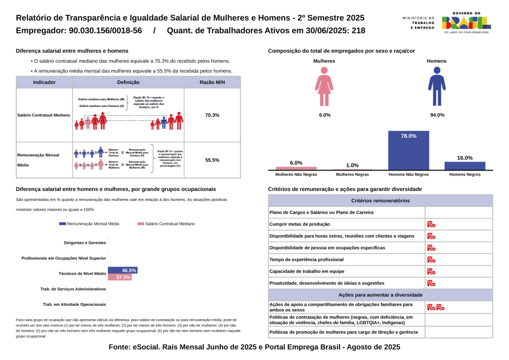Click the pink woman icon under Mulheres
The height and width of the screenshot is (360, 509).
[324, 87]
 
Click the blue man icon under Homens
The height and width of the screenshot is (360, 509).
[437, 87]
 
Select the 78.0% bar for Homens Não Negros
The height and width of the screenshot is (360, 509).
[409, 150]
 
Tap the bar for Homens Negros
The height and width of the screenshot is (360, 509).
[465, 166]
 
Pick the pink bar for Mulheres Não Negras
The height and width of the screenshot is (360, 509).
[296, 168]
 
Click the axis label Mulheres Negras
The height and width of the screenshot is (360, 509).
[352, 175]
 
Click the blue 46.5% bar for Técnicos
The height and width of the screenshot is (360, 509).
[122, 270]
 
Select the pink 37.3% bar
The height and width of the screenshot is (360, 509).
[119, 277]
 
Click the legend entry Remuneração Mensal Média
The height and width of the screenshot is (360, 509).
[89, 224]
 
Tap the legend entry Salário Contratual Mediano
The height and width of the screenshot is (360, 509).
[167, 224]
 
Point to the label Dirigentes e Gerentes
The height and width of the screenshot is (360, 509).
[85, 243]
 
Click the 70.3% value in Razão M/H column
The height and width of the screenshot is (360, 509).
[212, 115]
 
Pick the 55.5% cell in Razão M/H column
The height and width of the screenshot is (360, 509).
[212, 160]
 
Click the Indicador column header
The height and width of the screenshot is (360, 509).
[44, 83]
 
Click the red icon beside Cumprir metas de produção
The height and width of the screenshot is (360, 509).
[431, 224]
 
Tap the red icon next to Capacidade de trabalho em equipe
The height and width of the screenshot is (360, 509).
[431, 271]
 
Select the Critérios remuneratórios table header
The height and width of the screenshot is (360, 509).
[380, 201]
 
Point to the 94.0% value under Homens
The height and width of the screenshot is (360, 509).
[437, 115]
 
